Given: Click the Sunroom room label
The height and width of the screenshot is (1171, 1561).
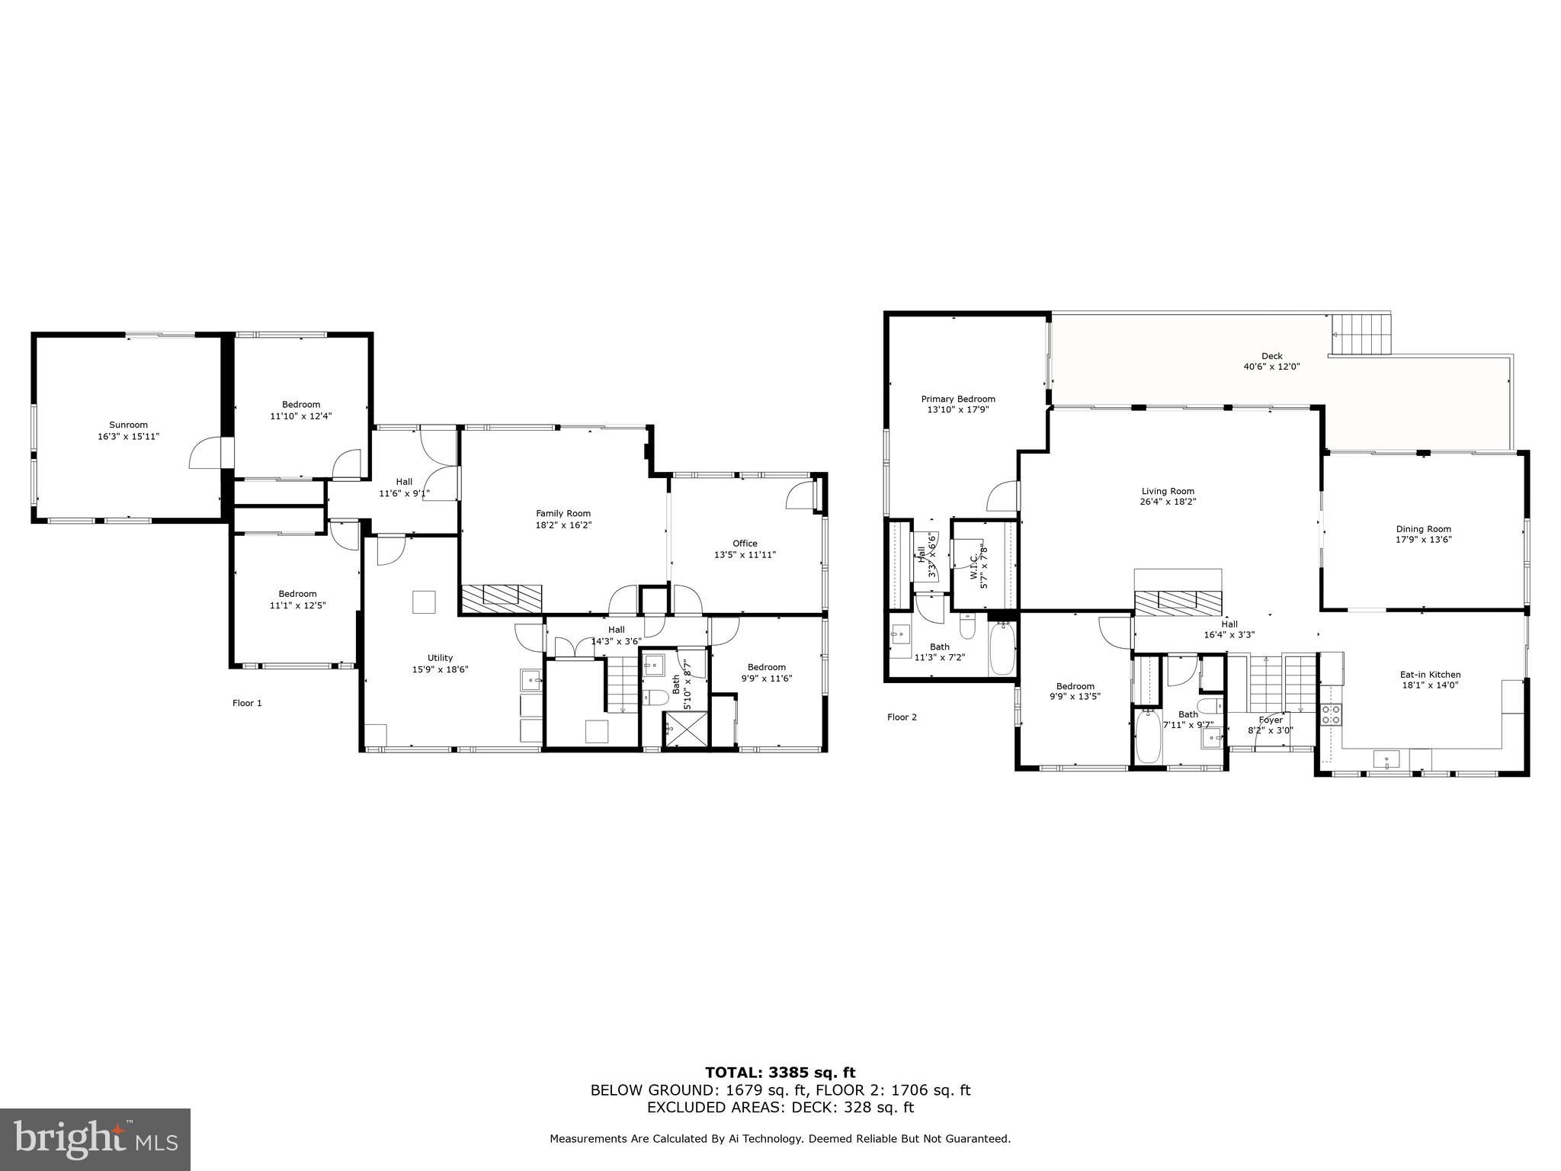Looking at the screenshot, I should (128, 425).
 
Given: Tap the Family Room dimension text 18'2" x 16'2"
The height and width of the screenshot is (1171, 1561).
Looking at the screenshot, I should (563, 525).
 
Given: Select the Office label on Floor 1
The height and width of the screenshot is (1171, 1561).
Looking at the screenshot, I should (745, 544).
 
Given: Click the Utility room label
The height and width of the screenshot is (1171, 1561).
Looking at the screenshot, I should (440, 658).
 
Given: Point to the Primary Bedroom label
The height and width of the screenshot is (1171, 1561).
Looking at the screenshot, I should (958, 399).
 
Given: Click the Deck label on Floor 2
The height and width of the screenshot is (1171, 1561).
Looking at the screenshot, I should (1271, 356).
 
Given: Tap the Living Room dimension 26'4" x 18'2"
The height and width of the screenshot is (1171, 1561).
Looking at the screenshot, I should (1168, 502).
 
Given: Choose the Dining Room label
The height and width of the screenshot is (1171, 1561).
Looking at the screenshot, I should (1423, 529).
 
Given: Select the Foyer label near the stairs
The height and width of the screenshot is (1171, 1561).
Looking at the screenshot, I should (1271, 720).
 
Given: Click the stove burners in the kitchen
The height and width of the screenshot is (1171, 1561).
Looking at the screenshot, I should (1331, 714).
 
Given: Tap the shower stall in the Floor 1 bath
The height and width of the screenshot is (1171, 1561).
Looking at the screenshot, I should (684, 730).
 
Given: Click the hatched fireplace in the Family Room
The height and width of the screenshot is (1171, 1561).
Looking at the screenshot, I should (501, 595).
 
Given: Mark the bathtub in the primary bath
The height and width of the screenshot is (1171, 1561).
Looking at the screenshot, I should (1002, 648).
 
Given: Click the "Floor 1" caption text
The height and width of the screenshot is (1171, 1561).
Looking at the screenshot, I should (247, 703).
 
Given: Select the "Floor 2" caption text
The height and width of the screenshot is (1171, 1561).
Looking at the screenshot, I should (902, 717).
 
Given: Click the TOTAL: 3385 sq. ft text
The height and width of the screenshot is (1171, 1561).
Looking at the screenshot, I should (780, 1073).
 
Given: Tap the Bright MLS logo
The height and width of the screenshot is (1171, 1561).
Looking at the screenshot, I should (95, 1140).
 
